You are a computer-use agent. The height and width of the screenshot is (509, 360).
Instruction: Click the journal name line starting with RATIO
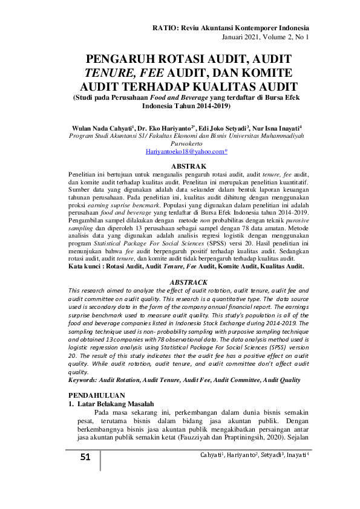point(231,28)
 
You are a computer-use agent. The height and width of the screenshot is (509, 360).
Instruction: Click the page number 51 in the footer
point(85,457)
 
